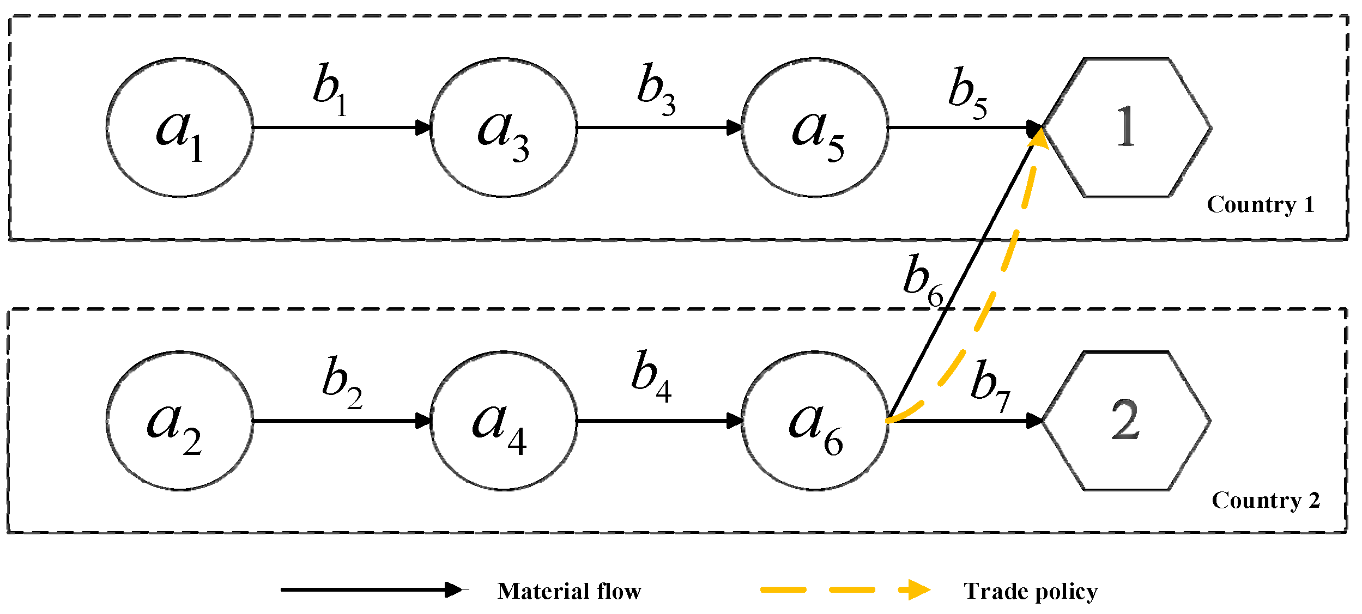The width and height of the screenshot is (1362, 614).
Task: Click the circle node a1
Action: click(180, 128)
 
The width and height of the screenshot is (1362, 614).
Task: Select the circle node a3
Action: click(504, 128)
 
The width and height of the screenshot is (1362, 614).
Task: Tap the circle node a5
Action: click(815, 128)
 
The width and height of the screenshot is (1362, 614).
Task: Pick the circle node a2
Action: click(180, 421)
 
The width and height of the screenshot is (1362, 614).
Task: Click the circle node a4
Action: click(504, 421)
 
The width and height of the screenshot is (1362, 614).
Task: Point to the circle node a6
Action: click(815, 421)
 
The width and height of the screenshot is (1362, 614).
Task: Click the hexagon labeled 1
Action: click(1126, 128)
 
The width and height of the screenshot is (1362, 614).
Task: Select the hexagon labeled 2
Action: click(1126, 421)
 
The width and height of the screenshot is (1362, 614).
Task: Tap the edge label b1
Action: click(330, 90)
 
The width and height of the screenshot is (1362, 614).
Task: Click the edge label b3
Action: click(656, 90)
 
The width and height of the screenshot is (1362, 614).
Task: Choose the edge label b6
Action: click(922, 281)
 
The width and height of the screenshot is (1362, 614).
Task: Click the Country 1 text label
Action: click(1260, 205)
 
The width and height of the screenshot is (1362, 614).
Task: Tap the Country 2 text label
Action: click(1266, 501)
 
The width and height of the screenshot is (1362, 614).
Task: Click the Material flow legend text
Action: click(569, 592)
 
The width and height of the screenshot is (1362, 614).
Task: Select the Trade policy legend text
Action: click(1030, 592)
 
